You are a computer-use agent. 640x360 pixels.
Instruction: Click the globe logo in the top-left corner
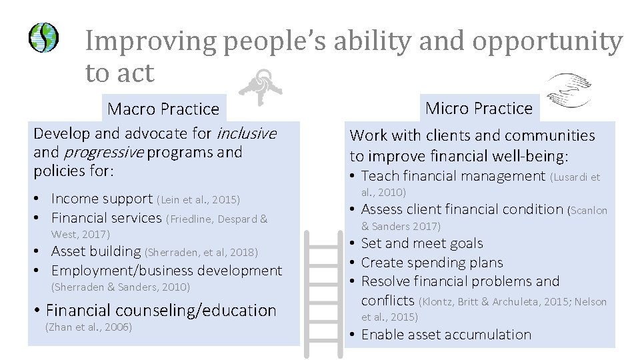point(43,37)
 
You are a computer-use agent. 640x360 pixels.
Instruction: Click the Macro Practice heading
point(163,109)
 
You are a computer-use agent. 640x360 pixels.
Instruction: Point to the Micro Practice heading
point(479,108)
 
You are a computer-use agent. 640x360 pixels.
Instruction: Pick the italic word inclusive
point(246,133)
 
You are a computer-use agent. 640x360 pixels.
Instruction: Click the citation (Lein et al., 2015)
point(198,199)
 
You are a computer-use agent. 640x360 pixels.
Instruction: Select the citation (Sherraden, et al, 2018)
point(201,252)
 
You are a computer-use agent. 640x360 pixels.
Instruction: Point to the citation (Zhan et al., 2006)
point(88,327)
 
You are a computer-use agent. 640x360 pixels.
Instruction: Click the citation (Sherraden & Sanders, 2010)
point(121,287)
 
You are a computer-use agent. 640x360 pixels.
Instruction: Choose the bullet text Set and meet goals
point(421,243)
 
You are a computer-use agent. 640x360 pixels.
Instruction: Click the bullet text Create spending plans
point(431,263)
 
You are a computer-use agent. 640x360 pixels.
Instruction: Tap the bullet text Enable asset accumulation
point(446,335)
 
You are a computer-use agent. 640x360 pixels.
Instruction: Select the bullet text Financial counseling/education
point(161,310)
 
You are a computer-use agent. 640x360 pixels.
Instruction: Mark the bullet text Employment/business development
point(166,271)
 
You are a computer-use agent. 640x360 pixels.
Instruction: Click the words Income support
point(101,199)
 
